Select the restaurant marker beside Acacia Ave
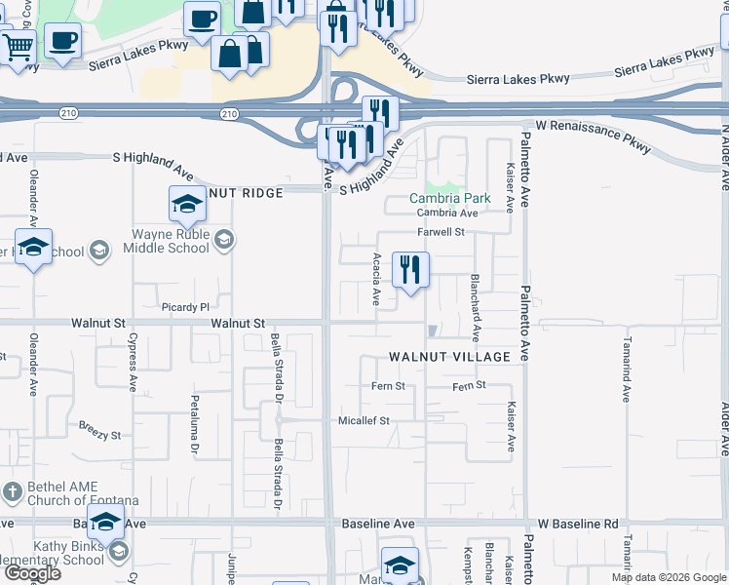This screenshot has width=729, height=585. point(410,269)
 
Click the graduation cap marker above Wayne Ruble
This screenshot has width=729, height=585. point(187,205)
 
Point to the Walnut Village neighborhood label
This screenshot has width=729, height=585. point(449,357)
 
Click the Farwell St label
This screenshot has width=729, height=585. point(442,232)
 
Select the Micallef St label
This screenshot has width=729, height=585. point(364,420)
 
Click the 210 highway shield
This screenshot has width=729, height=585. point(228,114)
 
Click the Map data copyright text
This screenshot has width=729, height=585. point(668,577)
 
